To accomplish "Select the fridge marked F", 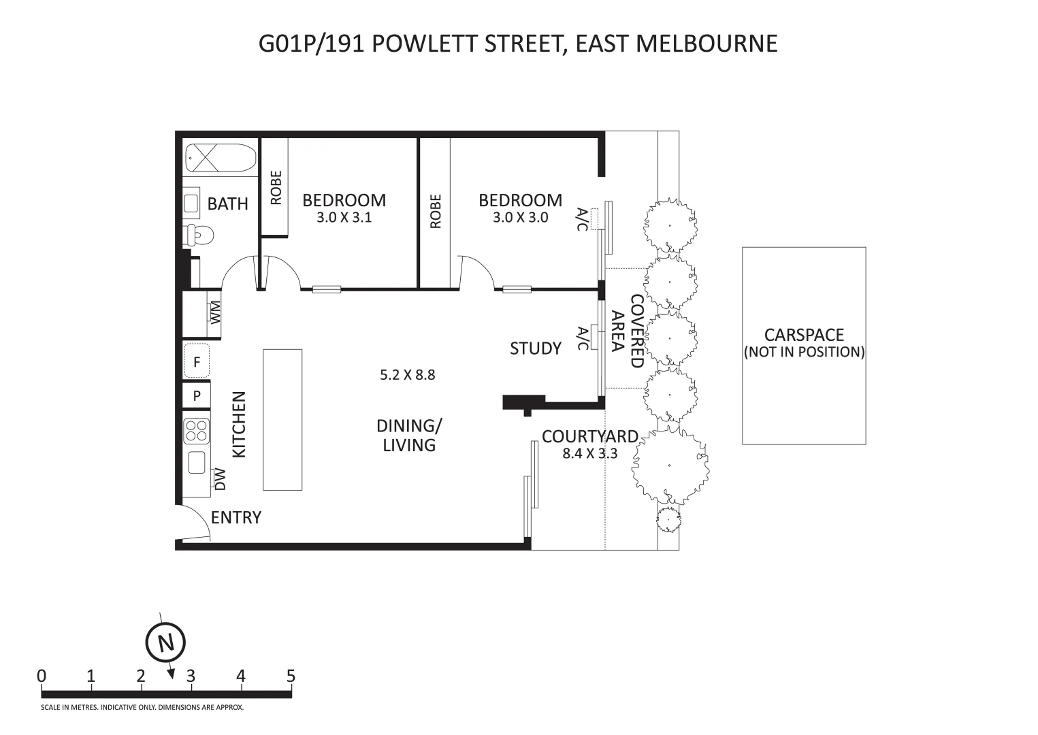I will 197,361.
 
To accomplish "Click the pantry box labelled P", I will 197,395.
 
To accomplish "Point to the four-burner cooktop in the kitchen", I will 197,431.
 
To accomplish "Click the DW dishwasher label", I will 220,479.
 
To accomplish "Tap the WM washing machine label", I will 216,312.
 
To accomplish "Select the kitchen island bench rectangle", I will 282,419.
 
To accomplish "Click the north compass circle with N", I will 165,642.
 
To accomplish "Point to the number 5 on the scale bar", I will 291,676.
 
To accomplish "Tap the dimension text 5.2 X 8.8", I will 407,374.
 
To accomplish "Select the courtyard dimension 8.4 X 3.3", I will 589,453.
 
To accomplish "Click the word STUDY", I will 536,348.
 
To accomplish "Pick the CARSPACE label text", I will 804,335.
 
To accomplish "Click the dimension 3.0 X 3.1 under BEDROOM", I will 344,218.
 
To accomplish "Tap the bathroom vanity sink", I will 191,203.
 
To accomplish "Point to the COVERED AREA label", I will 627,331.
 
